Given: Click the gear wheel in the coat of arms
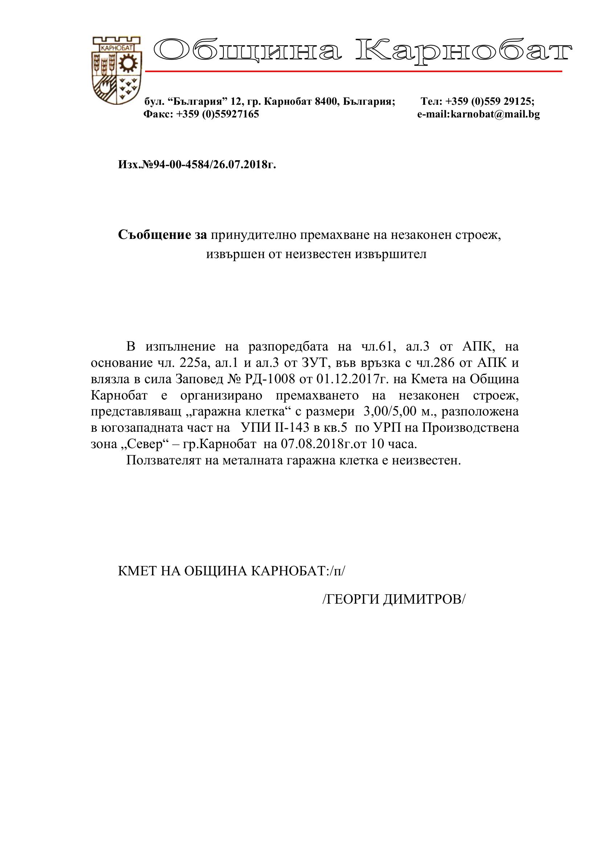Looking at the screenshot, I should point(128,63).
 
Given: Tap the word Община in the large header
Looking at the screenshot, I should point(248,51).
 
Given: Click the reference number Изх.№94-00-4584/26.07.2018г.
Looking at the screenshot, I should point(197,165).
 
